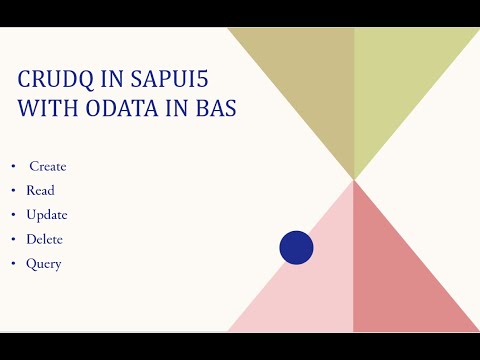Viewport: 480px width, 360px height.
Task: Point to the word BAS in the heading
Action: (x=213, y=108)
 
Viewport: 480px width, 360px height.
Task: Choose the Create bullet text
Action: (x=48, y=166)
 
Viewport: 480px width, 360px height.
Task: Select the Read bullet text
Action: (x=40, y=190)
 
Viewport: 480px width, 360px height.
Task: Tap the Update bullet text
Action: (x=47, y=215)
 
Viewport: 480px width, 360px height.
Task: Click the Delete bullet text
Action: (x=45, y=239)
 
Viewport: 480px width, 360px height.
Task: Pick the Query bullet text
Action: (x=44, y=264)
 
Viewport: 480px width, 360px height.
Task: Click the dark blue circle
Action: (x=296, y=247)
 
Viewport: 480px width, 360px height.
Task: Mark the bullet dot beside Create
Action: (x=13, y=166)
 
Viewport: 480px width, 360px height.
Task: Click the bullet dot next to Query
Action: (x=13, y=264)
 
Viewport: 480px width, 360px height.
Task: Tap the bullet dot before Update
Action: (x=13, y=215)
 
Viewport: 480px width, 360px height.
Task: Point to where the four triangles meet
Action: (x=354, y=180)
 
